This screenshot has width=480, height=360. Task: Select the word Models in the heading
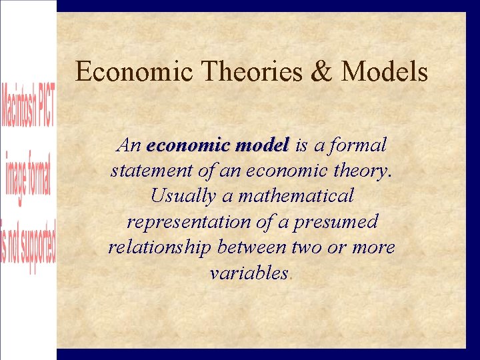384,71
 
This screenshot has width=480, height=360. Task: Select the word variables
248,273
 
